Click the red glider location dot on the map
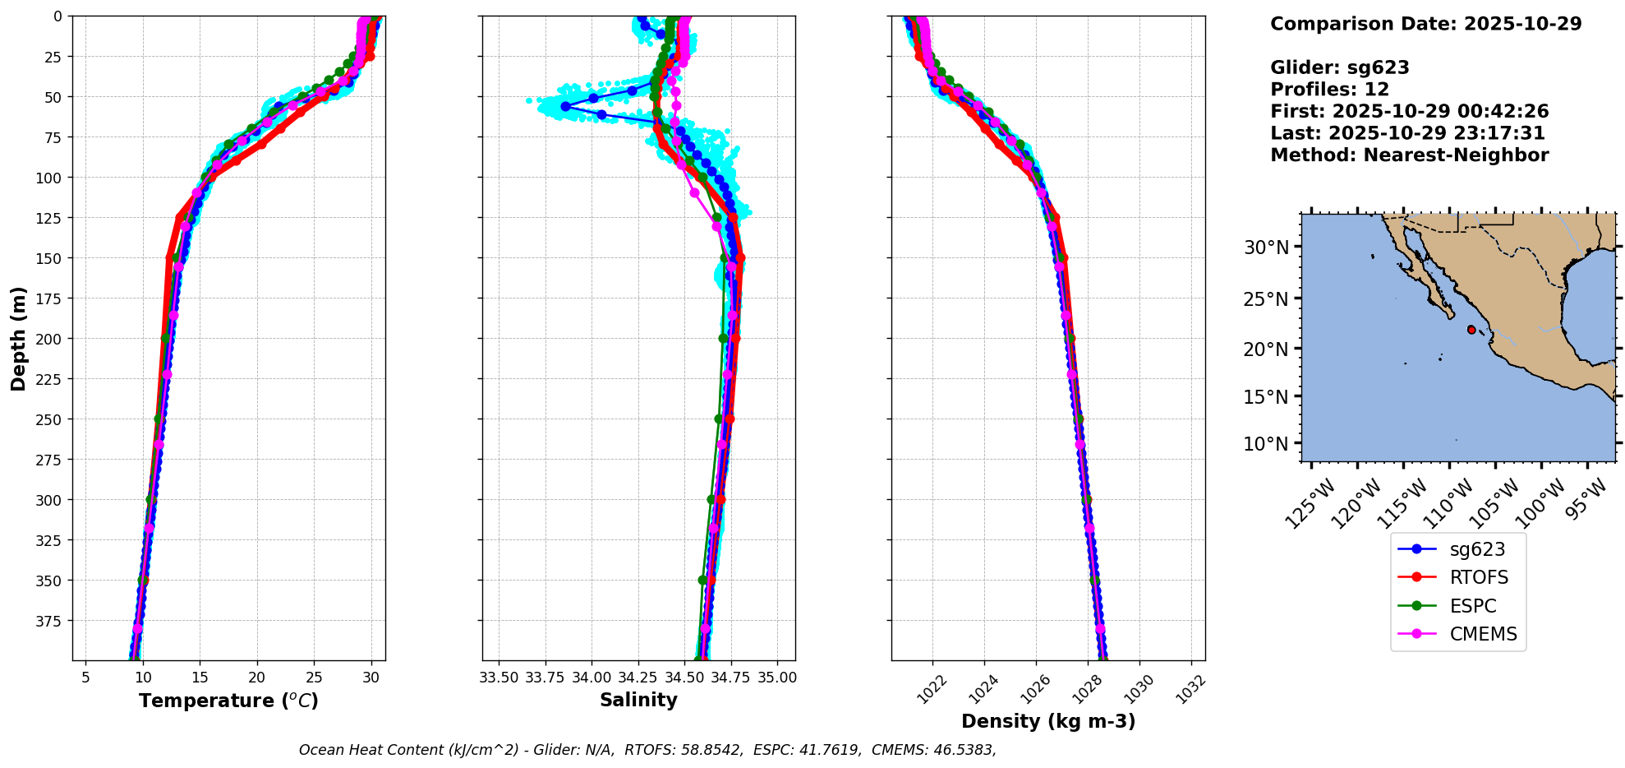(x=1471, y=330)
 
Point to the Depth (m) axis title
(x=19, y=338)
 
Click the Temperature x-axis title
(x=228, y=701)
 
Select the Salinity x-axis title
(x=638, y=700)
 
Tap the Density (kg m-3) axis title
(x=1048, y=721)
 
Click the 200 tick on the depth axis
(x=51, y=339)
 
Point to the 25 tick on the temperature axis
(x=314, y=678)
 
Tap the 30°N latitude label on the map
(x=1266, y=248)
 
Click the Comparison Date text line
(x=1425, y=24)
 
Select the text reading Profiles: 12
(x=1329, y=90)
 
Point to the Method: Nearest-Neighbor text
(x=1409, y=155)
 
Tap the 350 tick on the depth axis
(x=51, y=581)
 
